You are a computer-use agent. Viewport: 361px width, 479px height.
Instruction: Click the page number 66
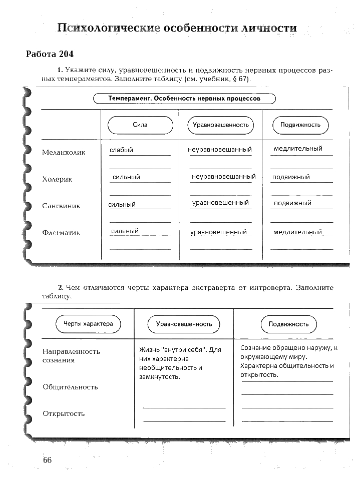[48, 460]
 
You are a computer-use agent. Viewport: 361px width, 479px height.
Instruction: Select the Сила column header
[140, 125]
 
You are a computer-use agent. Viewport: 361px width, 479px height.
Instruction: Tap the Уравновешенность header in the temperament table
[221, 125]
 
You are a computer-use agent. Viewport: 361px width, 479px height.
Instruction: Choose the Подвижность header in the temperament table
[300, 125]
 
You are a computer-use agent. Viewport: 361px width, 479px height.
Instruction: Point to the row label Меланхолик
[64, 152]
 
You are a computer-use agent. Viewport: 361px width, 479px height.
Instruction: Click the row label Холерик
[57, 179]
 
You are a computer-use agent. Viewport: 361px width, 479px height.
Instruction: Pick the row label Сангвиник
[61, 206]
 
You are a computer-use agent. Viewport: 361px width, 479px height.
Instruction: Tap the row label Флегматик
[61, 233]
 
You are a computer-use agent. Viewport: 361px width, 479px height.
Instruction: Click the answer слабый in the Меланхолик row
[122, 150]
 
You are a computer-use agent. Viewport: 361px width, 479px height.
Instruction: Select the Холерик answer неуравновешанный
[223, 177]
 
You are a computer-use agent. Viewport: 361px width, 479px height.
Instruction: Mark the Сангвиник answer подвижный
[292, 203]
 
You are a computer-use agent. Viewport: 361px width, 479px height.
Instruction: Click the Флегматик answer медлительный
[297, 232]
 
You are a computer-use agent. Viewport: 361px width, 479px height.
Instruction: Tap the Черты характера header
[88, 324]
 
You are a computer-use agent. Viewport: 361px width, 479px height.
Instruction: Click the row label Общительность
[70, 387]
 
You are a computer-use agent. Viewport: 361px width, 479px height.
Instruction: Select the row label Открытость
[64, 413]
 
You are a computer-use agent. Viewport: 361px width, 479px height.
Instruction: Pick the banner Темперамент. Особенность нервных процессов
[184, 99]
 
